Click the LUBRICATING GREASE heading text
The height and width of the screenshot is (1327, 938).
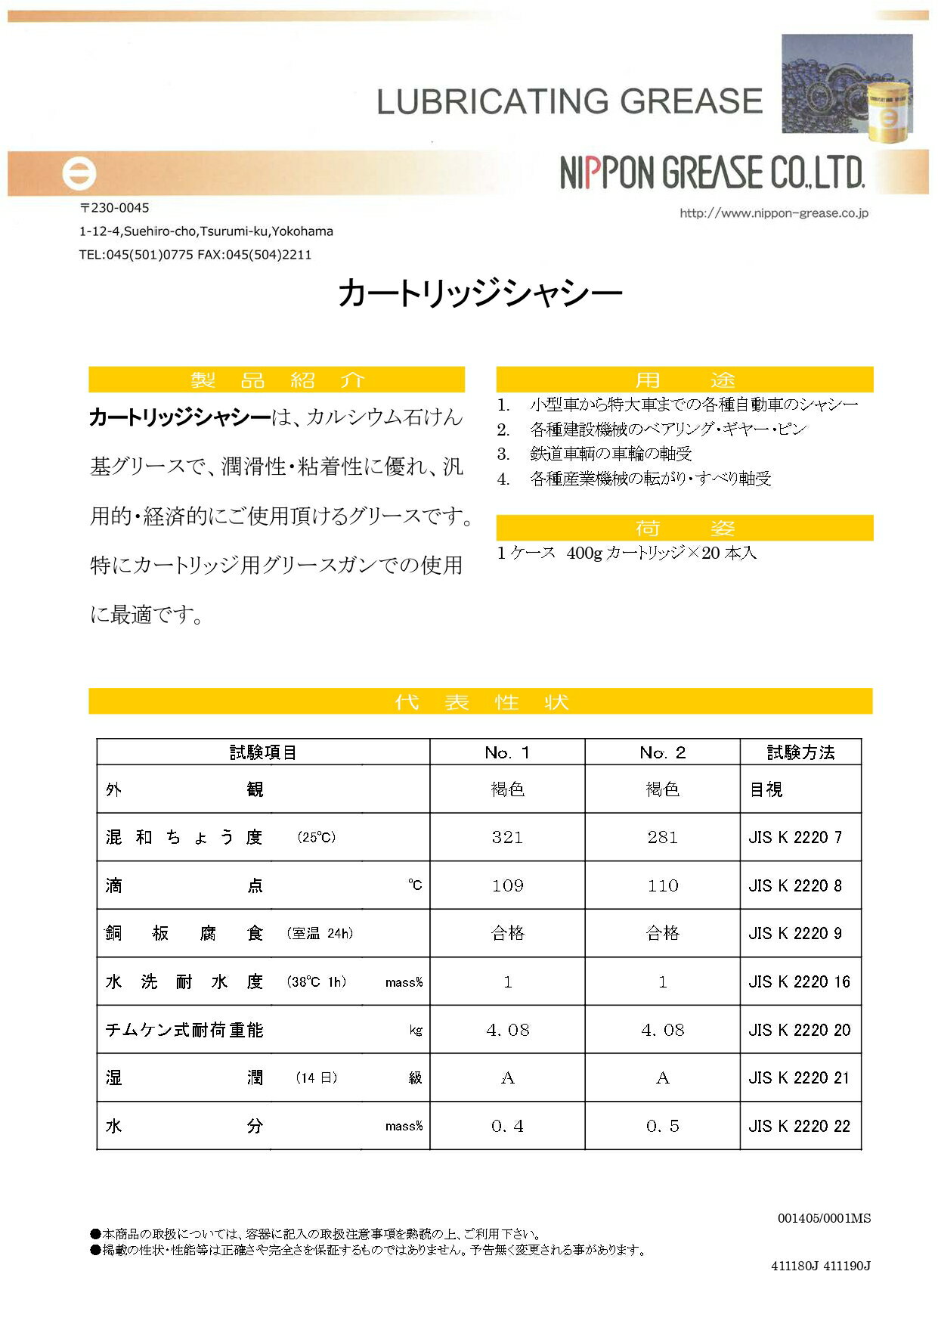point(569,101)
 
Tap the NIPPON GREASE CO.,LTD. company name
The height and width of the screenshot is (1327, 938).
point(712,173)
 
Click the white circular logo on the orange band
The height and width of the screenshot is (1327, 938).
point(79,174)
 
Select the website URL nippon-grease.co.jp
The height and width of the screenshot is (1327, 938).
point(773,213)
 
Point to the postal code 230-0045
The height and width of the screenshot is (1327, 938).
point(115,208)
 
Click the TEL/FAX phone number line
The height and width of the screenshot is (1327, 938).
point(195,255)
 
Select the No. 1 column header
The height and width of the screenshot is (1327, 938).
point(507,752)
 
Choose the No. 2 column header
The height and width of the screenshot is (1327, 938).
point(662,752)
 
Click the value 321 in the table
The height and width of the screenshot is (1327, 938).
point(507,837)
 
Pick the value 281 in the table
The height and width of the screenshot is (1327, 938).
point(662,837)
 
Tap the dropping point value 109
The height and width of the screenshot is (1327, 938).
point(507,885)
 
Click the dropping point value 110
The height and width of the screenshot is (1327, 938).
point(662,885)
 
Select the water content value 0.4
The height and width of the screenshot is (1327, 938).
point(507,1126)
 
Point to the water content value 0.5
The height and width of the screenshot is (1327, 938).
point(662,1126)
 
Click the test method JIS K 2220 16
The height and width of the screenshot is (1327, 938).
point(799,981)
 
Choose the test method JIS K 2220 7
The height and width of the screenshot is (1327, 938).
point(794,837)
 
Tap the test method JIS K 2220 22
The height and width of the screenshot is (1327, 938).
point(799,1126)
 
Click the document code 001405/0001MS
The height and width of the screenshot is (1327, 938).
point(824,1218)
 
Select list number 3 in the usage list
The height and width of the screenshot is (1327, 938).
point(503,454)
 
